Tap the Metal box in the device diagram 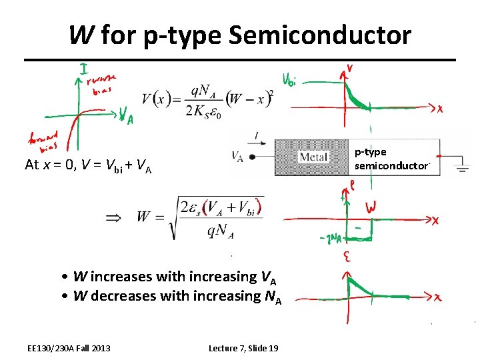(313, 157)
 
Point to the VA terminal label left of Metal (237, 157)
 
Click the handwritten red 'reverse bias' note (102, 84)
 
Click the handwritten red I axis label (84, 69)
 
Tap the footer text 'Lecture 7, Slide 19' (243, 348)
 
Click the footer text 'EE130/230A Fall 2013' (69, 348)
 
